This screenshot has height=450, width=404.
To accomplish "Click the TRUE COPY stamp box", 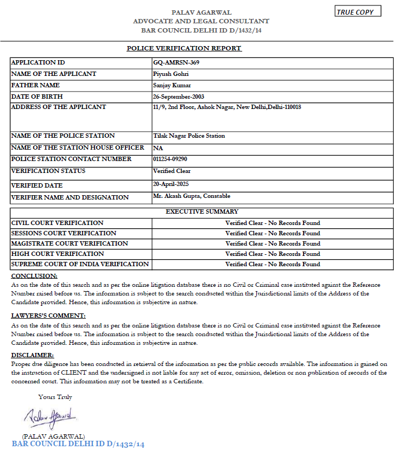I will click(x=358, y=12).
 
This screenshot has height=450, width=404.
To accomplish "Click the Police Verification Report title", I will click(x=184, y=48).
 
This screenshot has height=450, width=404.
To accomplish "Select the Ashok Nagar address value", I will click(x=227, y=107).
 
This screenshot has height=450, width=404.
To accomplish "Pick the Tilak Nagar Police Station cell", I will click(x=189, y=136).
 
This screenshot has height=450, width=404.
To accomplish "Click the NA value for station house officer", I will click(x=158, y=148).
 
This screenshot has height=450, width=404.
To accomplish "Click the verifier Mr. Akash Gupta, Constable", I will click(x=192, y=196).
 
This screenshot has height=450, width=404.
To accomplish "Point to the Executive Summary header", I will click(x=202, y=212).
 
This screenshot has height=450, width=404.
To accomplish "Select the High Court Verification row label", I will click(x=58, y=254).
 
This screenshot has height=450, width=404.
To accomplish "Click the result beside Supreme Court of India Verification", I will click(x=273, y=265).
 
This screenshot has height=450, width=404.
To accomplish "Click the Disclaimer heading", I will click(x=33, y=355).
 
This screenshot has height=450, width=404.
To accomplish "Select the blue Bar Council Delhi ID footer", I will click(x=78, y=445).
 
